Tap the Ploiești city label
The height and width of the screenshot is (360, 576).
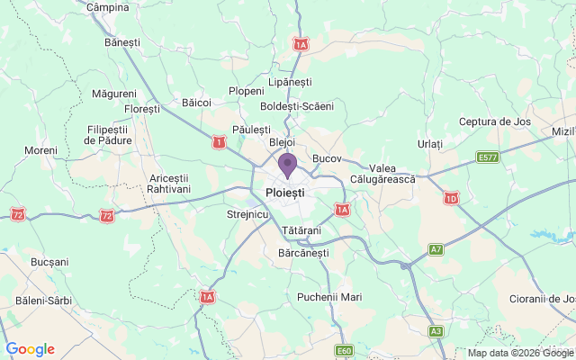[285, 193]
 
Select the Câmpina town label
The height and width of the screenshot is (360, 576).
[108, 6]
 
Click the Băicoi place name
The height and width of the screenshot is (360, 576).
[195, 103]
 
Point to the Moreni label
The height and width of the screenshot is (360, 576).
[40, 149]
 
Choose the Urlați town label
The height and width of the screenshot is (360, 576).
[430, 144]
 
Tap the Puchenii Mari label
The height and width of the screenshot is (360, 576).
[328, 296]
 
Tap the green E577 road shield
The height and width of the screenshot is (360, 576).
[488, 157]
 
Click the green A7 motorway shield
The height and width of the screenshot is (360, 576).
[436, 248]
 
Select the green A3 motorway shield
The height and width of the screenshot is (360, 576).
[436, 331]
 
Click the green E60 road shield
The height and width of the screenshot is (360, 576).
[344, 350]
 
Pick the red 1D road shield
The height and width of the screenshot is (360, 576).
[451, 198]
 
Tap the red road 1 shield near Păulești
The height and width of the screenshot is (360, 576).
[218, 141]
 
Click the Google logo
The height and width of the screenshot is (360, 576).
[30, 349]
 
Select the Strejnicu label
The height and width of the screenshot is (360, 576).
[248, 214]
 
